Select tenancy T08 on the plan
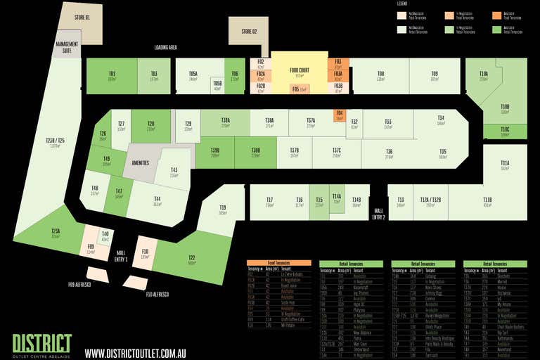(380, 76)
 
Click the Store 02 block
(249, 31)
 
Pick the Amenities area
(141, 163)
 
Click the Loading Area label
(165, 48)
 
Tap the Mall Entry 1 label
(120, 256)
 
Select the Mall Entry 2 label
(378, 214)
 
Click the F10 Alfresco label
(157, 294)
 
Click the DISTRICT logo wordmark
(42, 342)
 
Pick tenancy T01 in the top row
(112, 76)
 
